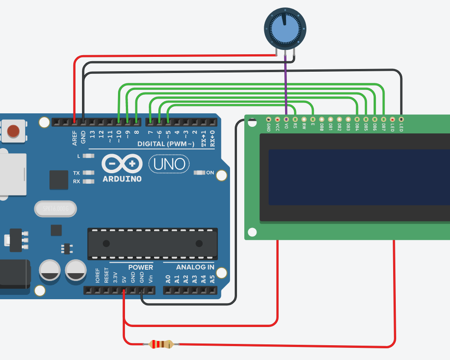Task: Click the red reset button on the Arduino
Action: pos(13,130)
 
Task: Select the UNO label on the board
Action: pos(169,164)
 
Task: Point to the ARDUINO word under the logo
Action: pos(122,179)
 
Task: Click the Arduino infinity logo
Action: pos(122,164)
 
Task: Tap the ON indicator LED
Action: pos(200,173)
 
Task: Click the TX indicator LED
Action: pos(89,173)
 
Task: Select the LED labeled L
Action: pos(89,155)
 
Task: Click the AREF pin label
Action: pos(75,138)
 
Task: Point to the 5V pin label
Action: pos(124,278)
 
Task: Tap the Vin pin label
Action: pos(151,278)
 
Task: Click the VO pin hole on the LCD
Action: pos(286,119)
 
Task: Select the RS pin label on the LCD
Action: pos(295,126)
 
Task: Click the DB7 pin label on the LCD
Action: pos(384,127)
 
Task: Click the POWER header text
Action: pos(141,267)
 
